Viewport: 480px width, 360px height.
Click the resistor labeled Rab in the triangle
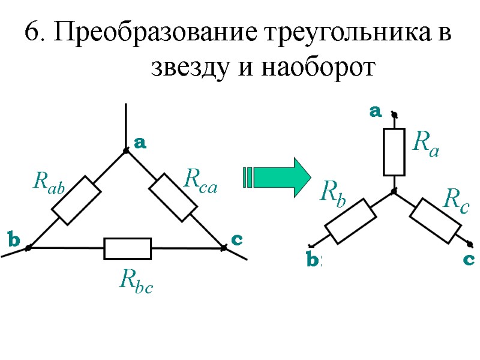[x=76, y=199]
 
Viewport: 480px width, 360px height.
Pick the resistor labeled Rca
[x=173, y=197]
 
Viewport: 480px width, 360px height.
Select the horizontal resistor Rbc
[x=128, y=248]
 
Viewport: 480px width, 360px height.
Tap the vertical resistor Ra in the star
[x=394, y=152]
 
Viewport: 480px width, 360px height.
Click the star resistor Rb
[x=350, y=221]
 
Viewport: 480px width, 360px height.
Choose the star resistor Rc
[x=436, y=220]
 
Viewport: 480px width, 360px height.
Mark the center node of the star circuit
[x=394, y=192]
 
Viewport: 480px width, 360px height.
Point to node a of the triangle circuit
[x=126, y=151]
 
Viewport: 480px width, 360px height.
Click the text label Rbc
[x=136, y=280]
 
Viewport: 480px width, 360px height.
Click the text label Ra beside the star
[x=426, y=144]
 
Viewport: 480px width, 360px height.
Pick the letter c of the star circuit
[x=469, y=260]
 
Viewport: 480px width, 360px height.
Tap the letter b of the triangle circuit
[x=13, y=241]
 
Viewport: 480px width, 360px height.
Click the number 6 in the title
[x=31, y=33]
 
